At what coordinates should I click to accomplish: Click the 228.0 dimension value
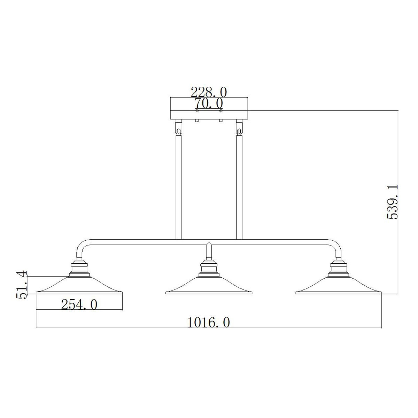point(209,92)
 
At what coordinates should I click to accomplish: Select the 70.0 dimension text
point(209,103)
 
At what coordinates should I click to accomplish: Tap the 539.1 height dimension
point(393,202)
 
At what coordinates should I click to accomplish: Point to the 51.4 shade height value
point(22,285)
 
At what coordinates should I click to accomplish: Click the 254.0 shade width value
point(79,305)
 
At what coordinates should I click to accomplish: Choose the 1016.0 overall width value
point(209,323)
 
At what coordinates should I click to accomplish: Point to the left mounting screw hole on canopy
point(197,110)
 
